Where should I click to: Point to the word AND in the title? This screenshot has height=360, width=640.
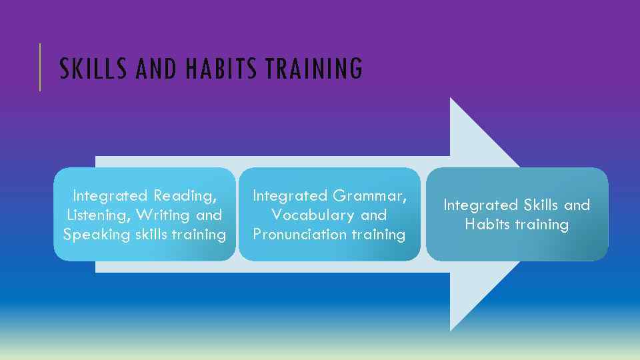click(x=156, y=69)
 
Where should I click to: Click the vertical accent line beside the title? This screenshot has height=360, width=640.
click(x=40, y=67)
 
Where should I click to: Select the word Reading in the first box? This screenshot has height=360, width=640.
click(x=185, y=196)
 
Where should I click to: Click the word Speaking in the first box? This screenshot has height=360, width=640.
click(x=91, y=235)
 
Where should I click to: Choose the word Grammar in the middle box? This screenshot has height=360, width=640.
click(x=370, y=196)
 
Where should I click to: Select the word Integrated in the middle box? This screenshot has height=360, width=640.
click(x=291, y=196)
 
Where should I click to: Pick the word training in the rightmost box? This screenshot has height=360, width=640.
click(x=545, y=225)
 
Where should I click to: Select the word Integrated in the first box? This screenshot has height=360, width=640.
click(x=110, y=196)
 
